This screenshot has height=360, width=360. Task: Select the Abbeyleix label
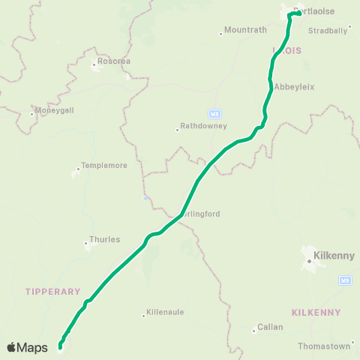295,87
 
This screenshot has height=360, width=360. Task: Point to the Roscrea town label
112,61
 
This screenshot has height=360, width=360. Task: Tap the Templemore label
103,166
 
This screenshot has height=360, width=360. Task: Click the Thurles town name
104,240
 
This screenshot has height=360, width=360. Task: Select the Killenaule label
166,312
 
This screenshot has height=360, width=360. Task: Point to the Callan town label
270,327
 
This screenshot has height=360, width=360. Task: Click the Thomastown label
324,346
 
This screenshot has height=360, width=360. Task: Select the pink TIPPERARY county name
52,291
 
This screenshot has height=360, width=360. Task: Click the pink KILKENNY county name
316,312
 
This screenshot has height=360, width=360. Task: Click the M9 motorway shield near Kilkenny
345,280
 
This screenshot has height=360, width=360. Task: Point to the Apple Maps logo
27,347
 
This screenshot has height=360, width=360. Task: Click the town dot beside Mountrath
220,33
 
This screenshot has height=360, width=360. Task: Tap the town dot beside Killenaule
144,315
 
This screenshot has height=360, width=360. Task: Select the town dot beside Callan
254,330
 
